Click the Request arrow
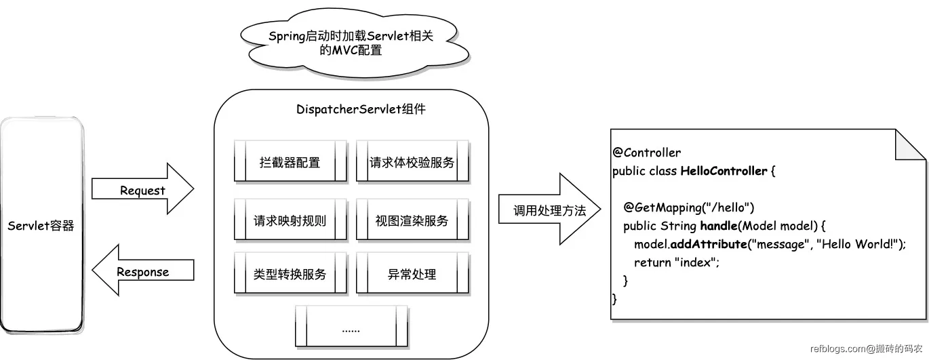[142, 190]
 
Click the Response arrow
[142, 272]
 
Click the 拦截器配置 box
[290, 163]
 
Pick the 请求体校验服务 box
[412, 163]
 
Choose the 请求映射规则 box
[290, 220]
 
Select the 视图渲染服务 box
[412, 220]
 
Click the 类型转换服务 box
[290, 274]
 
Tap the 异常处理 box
[412, 274]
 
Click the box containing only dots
[351, 328]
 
